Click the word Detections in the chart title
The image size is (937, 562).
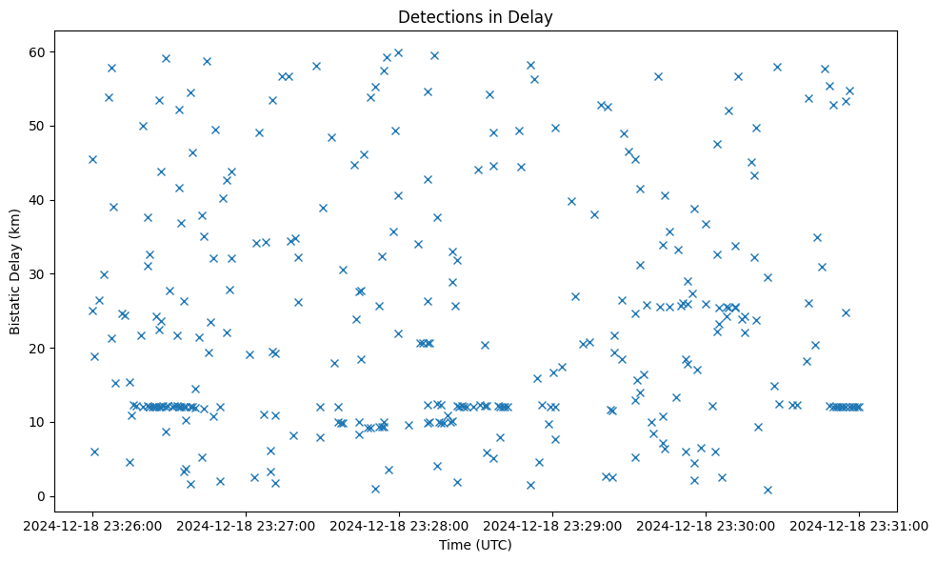(x=433, y=17)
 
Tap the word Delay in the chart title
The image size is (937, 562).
(x=533, y=17)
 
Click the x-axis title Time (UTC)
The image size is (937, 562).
(x=475, y=545)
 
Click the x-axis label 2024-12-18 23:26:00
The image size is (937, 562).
(x=92, y=524)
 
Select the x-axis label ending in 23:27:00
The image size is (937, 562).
(x=246, y=524)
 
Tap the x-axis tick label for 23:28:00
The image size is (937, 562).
(x=399, y=524)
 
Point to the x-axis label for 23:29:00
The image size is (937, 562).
(x=552, y=524)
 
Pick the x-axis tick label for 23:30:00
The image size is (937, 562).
(x=706, y=524)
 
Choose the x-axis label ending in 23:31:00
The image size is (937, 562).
(x=859, y=524)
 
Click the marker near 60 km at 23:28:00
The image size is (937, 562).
(x=398, y=53)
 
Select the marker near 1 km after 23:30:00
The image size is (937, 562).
(x=768, y=490)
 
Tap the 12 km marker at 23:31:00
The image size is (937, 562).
(x=859, y=407)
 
